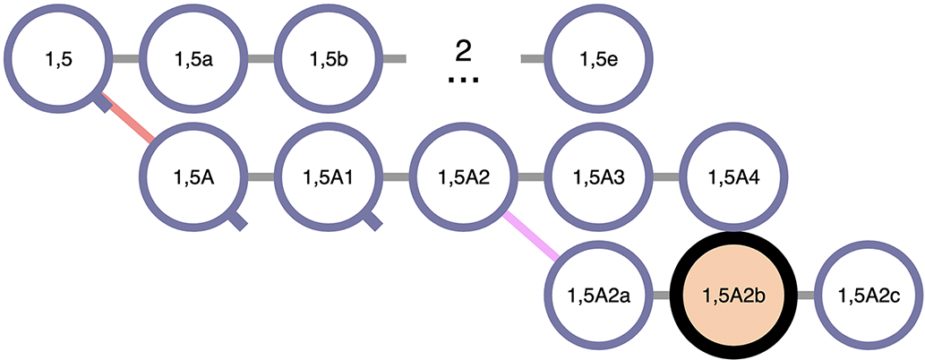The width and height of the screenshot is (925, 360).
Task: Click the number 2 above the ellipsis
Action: [x=464, y=53]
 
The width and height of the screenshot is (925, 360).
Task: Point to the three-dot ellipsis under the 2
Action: [x=464, y=81]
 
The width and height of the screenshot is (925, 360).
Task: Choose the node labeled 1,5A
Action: [x=193, y=176]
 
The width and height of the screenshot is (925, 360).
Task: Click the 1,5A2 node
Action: [x=464, y=176]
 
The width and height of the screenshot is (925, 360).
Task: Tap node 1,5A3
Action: [x=599, y=176]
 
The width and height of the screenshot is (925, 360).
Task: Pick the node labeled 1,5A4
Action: [x=734, y=176]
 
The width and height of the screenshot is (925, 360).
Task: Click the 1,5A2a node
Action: [x=599, y=295]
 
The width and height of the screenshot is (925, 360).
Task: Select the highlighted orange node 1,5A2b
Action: [x=734, y=295]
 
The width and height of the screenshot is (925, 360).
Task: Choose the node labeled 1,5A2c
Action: [x=869, y=295]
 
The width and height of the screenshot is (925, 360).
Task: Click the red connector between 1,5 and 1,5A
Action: [x=127, y=116]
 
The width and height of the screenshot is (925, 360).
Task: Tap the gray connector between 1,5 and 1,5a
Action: [x=126, y=58]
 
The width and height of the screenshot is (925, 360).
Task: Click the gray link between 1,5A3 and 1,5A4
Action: [x=667, y=176]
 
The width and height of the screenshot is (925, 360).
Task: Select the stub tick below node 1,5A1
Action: [x=373, y=221]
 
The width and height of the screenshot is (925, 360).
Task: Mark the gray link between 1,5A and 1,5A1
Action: [x=261, y=176]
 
